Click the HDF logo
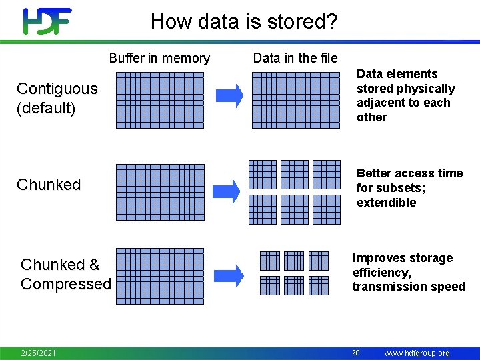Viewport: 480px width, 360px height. [x=47, y=21]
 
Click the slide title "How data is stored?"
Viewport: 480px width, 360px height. [x=244, y=21]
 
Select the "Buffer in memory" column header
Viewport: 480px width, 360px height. [x=159, y=58]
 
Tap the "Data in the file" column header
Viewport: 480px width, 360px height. [x=295, y=58]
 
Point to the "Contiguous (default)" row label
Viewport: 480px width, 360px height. [x=57, y=98]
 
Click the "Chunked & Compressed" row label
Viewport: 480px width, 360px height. [x=65, y=274]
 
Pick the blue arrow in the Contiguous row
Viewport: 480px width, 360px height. [x=231, y=96]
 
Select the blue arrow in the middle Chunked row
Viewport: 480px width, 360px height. [x=231, y=192]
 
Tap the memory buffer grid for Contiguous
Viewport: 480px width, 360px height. [x=160, y=100]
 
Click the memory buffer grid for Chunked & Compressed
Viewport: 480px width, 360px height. [x=160, y=276]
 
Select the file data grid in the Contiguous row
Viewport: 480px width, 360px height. [x=296, y=100]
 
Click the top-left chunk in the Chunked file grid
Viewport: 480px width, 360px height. [x=263, y=175]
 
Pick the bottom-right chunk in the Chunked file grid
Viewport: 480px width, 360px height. [x=327, y=209]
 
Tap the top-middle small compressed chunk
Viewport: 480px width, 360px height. [x=293, y=260]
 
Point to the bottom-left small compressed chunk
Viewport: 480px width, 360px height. [x=269, y=285]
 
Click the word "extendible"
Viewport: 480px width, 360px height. [x=386, y=203]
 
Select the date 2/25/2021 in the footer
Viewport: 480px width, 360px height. [x=38, y=353]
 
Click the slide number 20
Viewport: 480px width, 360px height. [x=356, y=353]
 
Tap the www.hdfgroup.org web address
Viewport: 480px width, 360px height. [x=417, y=353]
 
